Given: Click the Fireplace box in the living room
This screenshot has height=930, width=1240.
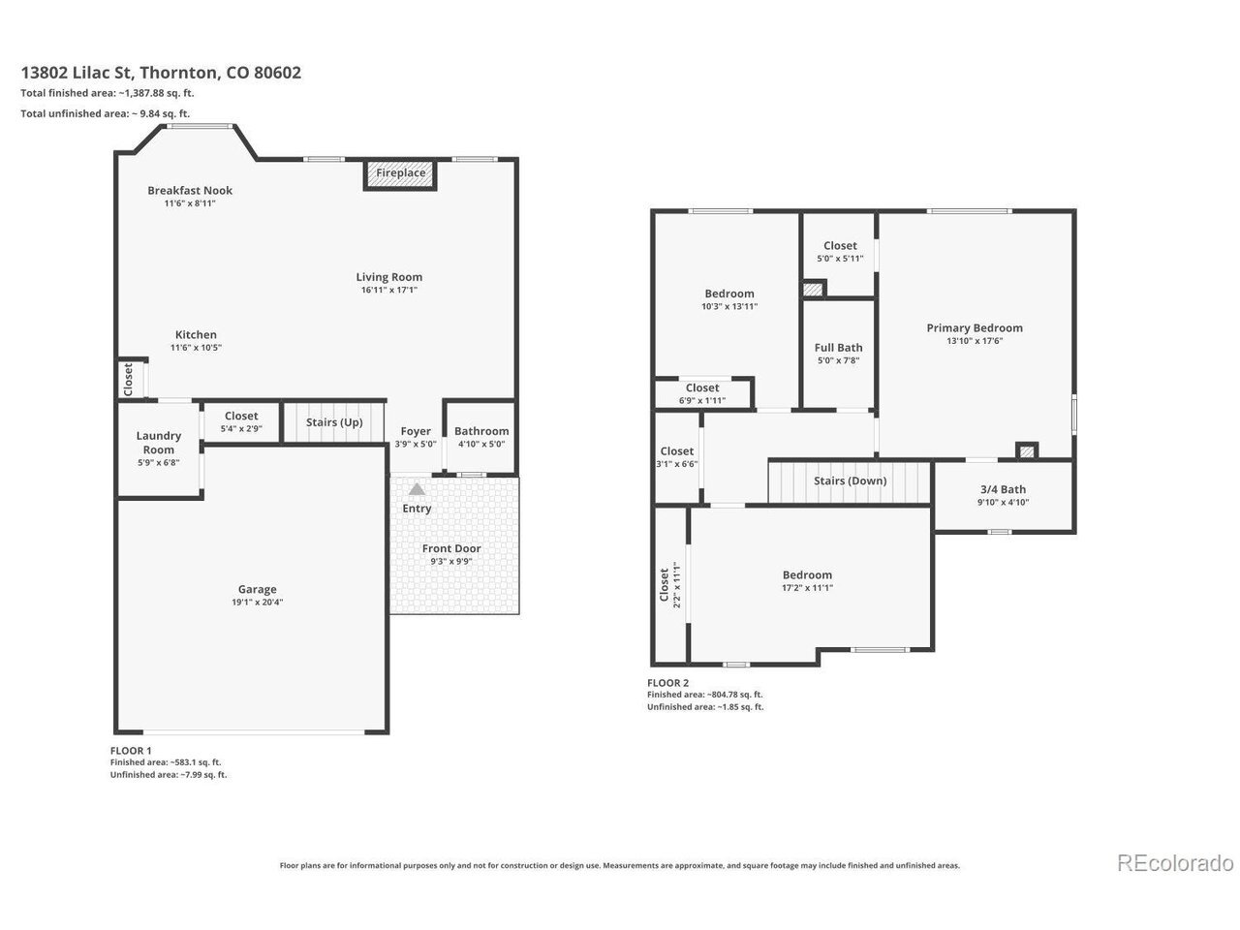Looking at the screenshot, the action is (x=399, y=174).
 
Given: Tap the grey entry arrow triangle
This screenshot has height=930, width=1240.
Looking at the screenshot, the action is (x=417, y=489).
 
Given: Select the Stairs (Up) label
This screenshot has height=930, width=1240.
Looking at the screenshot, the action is (x=334, y=422).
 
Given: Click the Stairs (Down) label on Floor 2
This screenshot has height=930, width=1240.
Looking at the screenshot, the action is (x=850, y=481).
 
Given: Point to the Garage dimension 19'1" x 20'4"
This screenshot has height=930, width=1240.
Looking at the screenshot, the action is (x=257, y=602).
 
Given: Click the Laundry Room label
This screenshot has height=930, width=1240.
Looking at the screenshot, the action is (x=158, y=443).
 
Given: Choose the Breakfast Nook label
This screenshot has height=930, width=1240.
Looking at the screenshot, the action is (x=190, y=190).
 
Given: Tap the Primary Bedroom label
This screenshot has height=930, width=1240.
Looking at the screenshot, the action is (x=975, y=328).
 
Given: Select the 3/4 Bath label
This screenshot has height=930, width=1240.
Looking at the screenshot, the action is (x=1003, y=489).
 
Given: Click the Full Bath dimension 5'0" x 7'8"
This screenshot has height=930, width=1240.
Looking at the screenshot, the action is (x=838, y=360).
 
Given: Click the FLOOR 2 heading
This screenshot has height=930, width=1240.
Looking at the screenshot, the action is (x=667, y=683).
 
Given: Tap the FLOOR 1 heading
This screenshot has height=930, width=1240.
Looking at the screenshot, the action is (x=131, y=751).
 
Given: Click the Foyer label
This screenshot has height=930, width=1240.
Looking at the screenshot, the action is (x=416, y=431).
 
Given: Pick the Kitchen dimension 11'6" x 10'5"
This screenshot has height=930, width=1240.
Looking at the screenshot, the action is (x=196, y=347).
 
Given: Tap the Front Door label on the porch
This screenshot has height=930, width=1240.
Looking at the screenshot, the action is (x=451, y=548).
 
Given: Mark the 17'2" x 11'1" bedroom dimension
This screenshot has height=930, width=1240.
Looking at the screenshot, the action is (x=807, y=587).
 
